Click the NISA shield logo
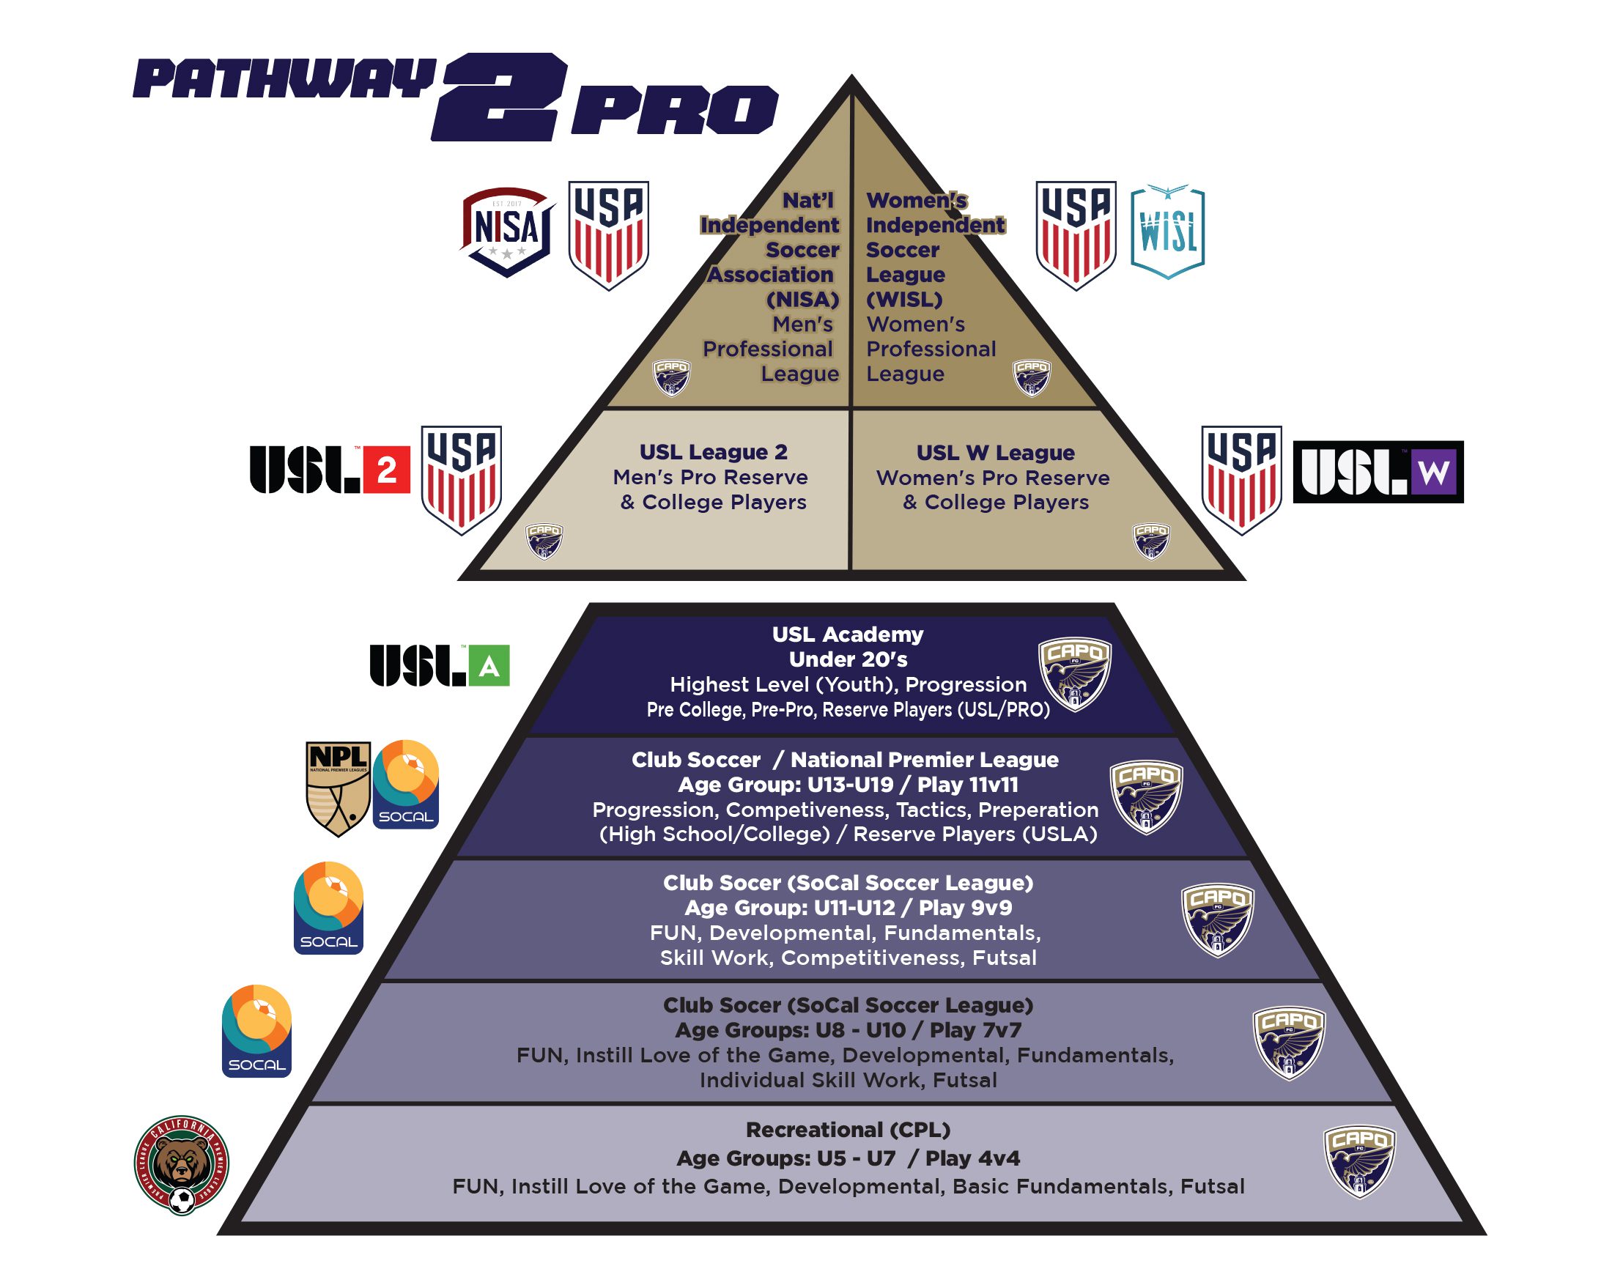[508, 231]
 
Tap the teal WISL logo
[1167, 232]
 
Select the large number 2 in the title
[500, 97]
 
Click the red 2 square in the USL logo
[387, 470]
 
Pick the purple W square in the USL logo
[1432, 472]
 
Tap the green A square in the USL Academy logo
[489, 665]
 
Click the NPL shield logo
[338, 788]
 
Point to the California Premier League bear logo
[182, 1164]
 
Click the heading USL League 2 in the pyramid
[713, 452]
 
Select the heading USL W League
[995, 453]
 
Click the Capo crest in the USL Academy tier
[1074, 673]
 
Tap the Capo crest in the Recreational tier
[1359, 1161]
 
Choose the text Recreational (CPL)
[848, 1130]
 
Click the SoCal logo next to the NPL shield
[405, 784]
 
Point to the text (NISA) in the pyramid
[802, 300]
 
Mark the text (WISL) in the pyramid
[904, 300]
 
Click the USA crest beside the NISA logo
[609, 234]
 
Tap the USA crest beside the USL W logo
[1241, 479]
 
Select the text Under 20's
[848, 659]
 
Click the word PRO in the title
[674, 110]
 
